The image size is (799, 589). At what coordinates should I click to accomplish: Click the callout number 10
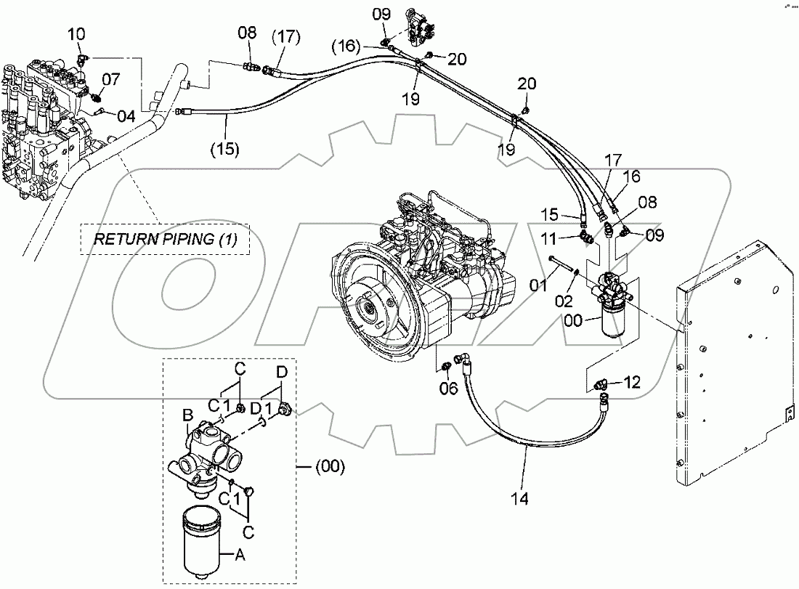coord(77,33)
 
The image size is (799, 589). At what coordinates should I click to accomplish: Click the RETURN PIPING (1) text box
coord(164,239)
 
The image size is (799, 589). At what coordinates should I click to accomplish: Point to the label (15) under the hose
coord(225,149)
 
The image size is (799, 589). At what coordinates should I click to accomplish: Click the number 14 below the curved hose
coord(519,499)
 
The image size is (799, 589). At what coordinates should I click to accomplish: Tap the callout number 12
coord(633,382)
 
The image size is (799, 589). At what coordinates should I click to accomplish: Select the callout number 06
coord(448,389)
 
